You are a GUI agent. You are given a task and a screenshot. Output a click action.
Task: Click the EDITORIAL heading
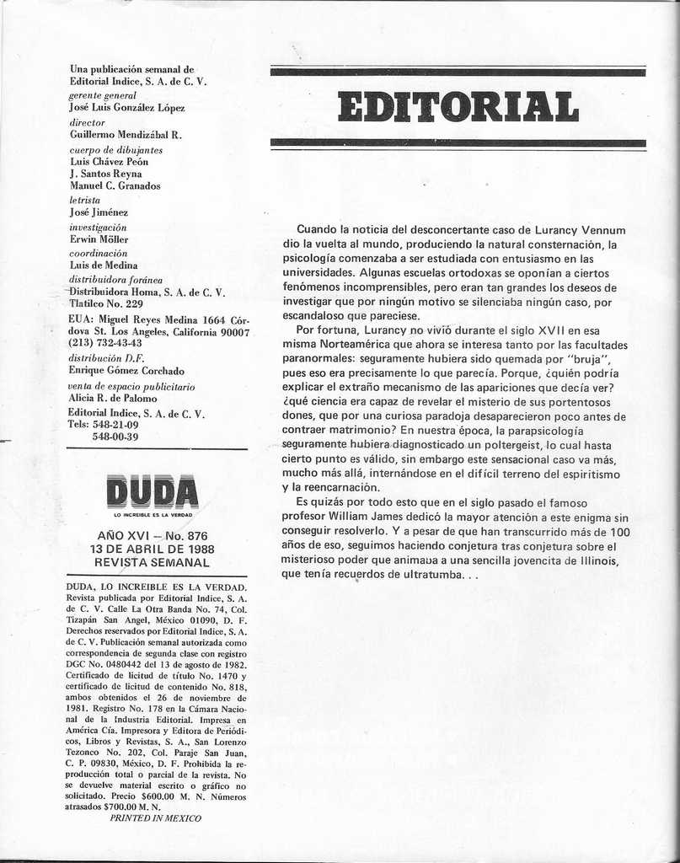[x=458, y=107]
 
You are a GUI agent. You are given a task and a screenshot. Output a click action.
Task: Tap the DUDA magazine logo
[x=153, y=491]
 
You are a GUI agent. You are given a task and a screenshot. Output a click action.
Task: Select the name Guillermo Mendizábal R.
[x=126, y=134]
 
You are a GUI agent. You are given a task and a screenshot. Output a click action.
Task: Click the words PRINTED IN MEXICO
[x=156, y=817]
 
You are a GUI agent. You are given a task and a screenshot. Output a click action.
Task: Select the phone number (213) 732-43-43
[x=105, y=343]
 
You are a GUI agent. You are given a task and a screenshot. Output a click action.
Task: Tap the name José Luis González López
[x=127, y=107]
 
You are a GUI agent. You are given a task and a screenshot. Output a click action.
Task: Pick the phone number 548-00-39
[x=115, y=437]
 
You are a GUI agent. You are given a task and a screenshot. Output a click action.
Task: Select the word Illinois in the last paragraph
[x=595, y=560]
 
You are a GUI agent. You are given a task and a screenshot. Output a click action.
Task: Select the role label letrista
[x=84, y=201]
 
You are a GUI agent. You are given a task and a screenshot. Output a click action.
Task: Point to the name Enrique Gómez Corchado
[x=126, y=370]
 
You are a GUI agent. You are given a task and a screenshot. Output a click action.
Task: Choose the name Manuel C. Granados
[x=115, y=185]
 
